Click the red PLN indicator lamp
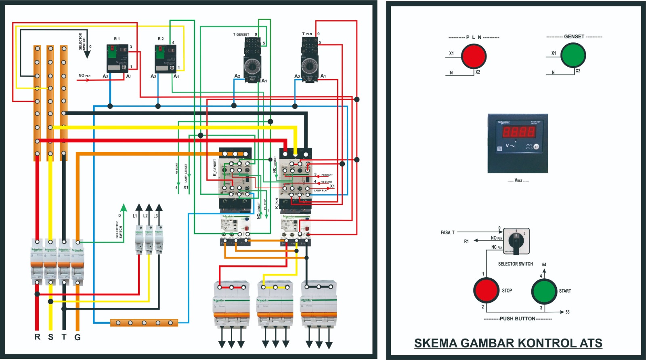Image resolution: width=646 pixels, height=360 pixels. [474, 56]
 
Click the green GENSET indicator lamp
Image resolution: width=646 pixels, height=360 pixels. [573, 55]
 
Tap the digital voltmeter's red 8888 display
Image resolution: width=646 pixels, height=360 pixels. [519, 131]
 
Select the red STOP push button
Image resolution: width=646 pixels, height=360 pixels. [486, 290]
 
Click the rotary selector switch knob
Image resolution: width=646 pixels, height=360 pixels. [516, 241]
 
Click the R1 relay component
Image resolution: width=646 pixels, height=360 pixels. [117, 58]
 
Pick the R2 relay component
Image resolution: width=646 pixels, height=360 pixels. [165, 58]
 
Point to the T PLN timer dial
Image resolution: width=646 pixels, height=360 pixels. [310, 65]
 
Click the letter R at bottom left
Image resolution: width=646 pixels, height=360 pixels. [38, 337]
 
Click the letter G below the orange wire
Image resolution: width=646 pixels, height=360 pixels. [78, 337]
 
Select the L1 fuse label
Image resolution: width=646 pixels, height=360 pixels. [135, 216]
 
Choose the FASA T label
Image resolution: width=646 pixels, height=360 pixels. [447, 232]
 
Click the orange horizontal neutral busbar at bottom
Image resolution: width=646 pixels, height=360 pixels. [144, 323]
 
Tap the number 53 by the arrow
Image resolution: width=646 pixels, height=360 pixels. [567, 312]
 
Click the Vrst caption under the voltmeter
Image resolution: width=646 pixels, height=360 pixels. [518, 181]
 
